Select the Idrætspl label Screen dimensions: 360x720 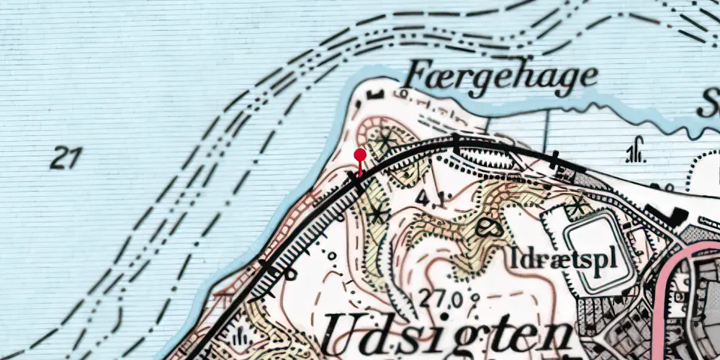pyautogui.click(x=567, y=258)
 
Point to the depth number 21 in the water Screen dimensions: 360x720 pyautogui.click(x=66, y=158)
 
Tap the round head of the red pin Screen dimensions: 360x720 pyautogui.click(x=360, y=154)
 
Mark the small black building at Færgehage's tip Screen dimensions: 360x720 pyautogui.click(x=374, y=94)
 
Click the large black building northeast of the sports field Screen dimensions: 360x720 pyautogui.click(x=677, y=214)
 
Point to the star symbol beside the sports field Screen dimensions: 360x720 pyautogui.click(x=576, y=206)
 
